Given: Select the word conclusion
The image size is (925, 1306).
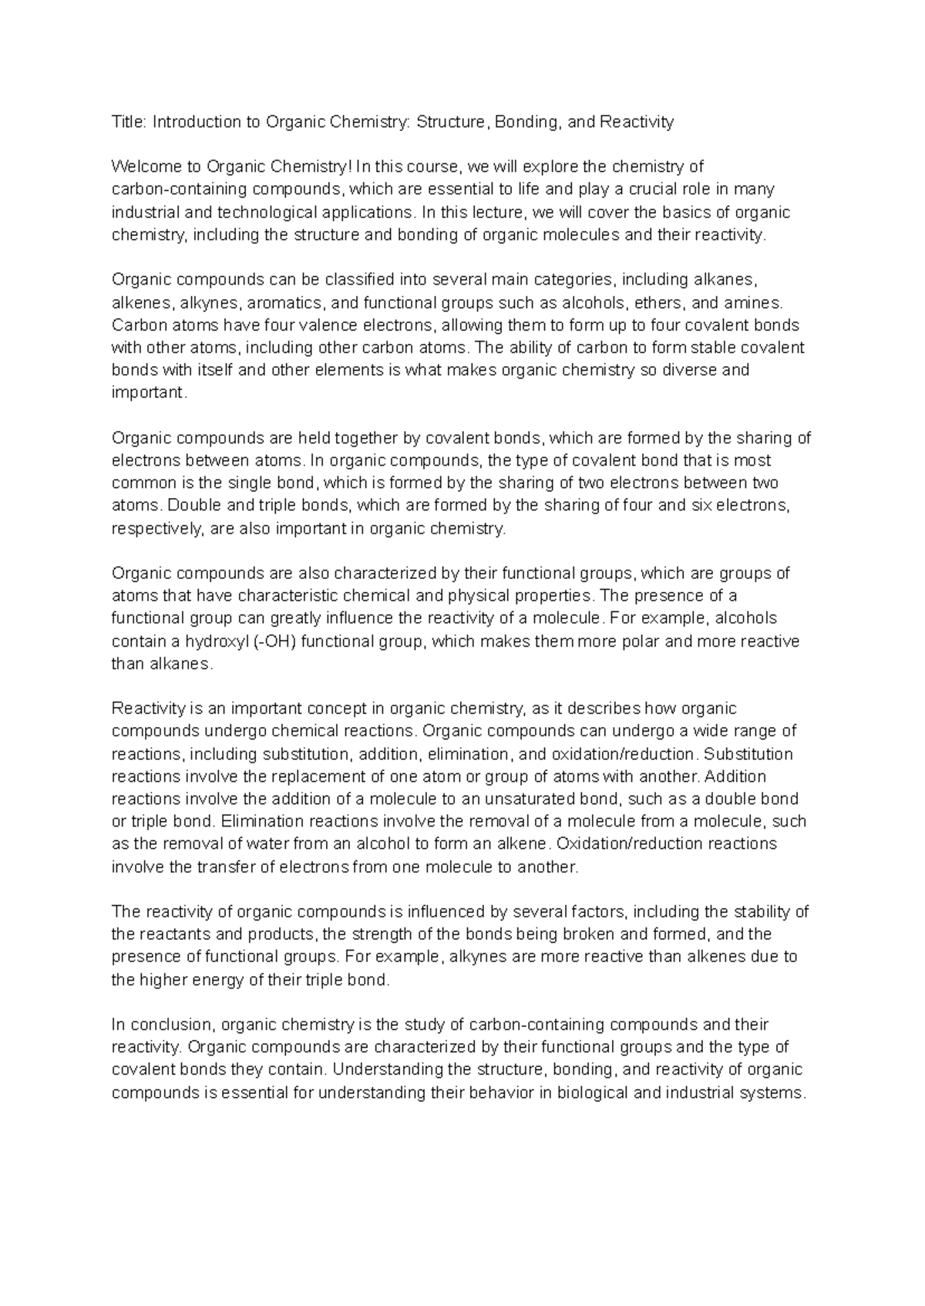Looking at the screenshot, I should [172, 1025].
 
